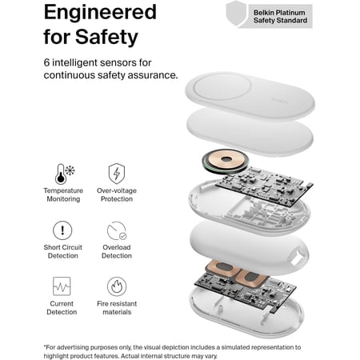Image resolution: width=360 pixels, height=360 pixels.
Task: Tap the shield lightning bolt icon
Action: coord(117,174)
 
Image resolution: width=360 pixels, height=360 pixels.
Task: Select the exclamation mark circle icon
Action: coord(62,230)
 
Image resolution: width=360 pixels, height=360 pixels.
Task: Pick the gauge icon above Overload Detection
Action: coord(117,230)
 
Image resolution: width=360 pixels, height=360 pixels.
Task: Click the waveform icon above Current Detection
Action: coord(62,286)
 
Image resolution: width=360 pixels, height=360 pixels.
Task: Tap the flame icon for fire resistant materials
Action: coord(117,286)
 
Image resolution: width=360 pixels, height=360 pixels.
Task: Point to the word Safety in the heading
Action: coord(106,37)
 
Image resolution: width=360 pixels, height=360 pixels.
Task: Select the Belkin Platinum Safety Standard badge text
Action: coord(280,16)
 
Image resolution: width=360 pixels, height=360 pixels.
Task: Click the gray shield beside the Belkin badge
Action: coord(236,14)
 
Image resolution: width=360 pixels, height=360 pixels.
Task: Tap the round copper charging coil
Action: coord(226,161)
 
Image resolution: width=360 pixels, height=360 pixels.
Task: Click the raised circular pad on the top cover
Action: coord(222,87)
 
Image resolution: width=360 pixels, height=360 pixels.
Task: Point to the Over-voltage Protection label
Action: coord(117,194)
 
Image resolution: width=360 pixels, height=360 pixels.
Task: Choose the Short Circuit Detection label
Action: coord(63,251)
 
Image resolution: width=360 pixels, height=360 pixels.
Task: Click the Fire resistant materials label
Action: coord(117,308)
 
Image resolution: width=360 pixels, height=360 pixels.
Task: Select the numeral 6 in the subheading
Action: coord(46,62)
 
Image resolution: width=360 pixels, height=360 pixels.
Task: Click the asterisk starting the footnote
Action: coord(45,346)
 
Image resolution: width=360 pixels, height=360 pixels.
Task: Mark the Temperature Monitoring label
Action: coord(63,194)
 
